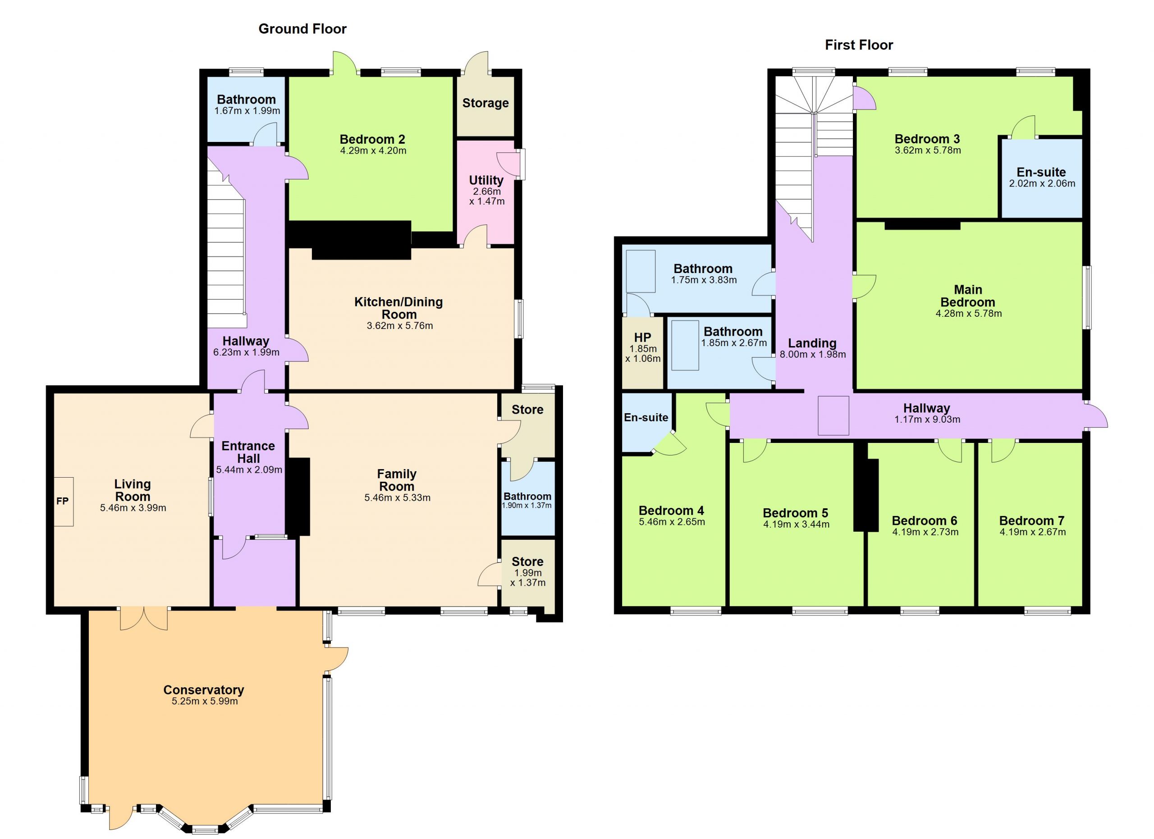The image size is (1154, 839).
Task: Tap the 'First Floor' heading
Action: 859,45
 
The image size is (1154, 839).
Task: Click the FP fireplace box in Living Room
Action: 63,502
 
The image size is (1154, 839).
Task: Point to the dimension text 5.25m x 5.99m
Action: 205,702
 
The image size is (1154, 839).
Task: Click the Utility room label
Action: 486,181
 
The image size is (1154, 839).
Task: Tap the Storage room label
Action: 485,103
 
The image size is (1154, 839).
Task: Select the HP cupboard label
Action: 643,337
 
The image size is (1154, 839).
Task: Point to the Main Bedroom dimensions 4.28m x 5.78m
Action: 969,314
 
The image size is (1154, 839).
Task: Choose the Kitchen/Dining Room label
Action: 399,308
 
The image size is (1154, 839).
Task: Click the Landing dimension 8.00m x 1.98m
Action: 813,355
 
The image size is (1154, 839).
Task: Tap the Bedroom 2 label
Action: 372,139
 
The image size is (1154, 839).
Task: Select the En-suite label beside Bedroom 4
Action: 646,417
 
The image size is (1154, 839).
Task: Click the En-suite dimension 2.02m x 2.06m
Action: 1042,183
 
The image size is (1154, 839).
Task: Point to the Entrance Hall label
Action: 248,452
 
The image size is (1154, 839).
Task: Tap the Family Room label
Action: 397,480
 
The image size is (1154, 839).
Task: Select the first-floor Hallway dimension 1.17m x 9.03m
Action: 928,420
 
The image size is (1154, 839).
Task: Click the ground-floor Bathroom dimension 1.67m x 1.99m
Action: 247,111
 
